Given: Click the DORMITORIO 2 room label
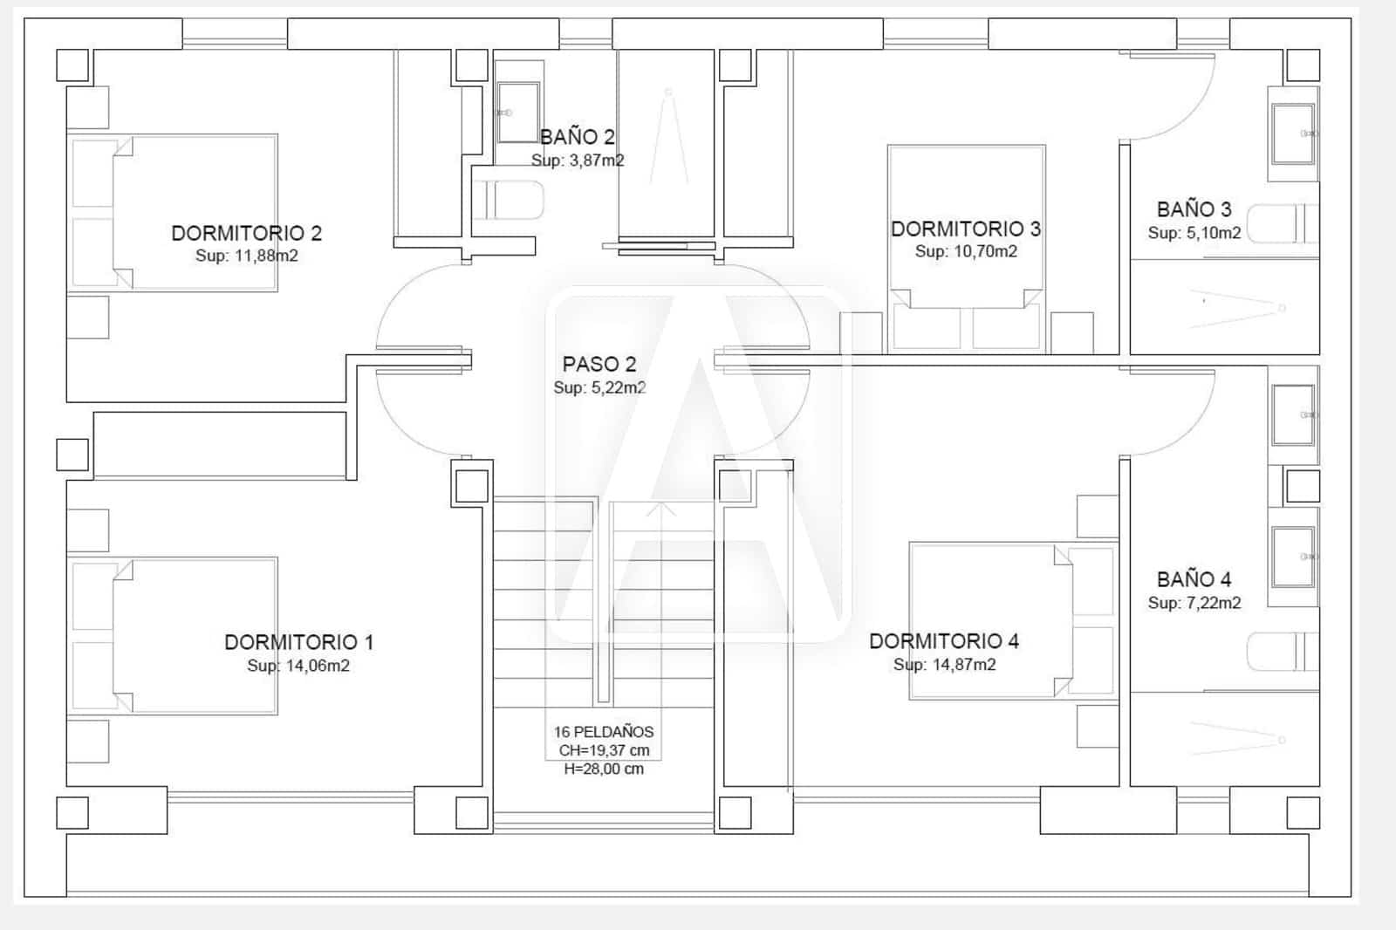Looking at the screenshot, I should point(246,233).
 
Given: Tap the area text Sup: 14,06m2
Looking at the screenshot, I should point(298,666).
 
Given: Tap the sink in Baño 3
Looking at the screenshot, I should point(1292,133).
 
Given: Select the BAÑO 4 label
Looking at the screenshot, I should point(1194,579).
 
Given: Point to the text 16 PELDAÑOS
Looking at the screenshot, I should point(604,732).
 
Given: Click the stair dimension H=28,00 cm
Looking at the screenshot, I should point(604,769).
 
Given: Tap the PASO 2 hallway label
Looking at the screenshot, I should point(599,364).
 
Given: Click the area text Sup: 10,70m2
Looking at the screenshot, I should point(966,251).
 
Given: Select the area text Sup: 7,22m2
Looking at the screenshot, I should point(1194,603).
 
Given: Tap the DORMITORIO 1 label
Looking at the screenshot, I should point(298,642).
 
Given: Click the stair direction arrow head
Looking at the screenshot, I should point(660,507).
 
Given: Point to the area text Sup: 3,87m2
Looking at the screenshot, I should point(578,161).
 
